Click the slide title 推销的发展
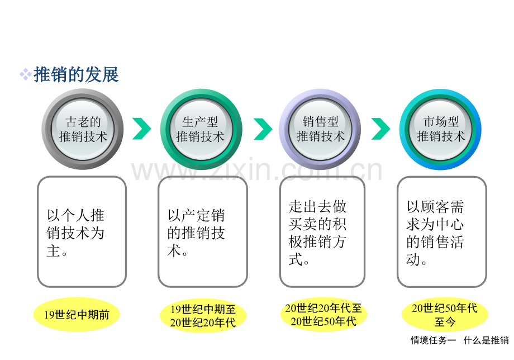pyautogui.click(x=76, y=74)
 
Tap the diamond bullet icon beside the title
pyautogui.click(x=26, y=74)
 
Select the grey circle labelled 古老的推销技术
pyautogui.click(x=83, y=129)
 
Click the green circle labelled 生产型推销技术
pyautogui.click(x=201, y=129)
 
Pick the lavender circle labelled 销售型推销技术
pyautogui.click(x=320, y=129)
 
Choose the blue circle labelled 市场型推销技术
pyautogui.click(x=440, y=129)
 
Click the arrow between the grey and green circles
pyautogui.click(x=141, y=129)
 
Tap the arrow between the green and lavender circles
pyautogui.click(x=263, y=129)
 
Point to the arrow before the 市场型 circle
pyautogui.click(x=381, y=129)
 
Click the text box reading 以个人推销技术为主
pyautogui.click(x=82, y=232)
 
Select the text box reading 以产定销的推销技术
pyautogui.click(x=203, y=232)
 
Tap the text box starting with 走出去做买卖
pyautogui.click(x=322, y=232)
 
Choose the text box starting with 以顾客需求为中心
pyautogui.click(x=441, y=232)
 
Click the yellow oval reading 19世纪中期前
pyautogui.click(x=77, y=314)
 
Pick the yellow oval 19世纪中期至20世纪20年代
pyautogui.click(x=203, y=315)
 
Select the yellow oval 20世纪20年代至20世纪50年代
pyautogui.click(x=323, y=314)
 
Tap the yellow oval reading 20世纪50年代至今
pyautogui.click(x=445, y=314)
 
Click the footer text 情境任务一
pyautogui.click(x=433, y=340)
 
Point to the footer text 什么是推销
pyautogui.click(x=486, y=340)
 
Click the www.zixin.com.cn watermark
pyautogui.click(x=257, y=170)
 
